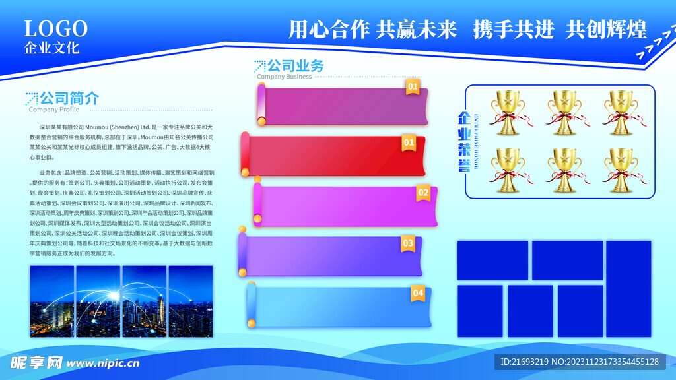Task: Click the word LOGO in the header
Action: click(x=56, y=28)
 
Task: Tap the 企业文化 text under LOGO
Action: click(x=51, y=48)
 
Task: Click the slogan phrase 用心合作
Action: click(x=329, y=29)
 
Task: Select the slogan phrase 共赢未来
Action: click(x=416, y=29)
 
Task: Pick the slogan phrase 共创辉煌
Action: click(x=606, y=29)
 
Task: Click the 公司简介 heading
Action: click(x=69, y=98)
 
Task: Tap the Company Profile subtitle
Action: click(x=53, y=110)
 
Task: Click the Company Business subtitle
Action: click(x=284, y=77)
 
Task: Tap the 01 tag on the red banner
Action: click(x=409, y=142)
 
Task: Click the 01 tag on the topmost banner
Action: click(x=412, y=86)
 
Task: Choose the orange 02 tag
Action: click(x=423, y=193)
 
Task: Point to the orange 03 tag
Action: click(x=408, y=243)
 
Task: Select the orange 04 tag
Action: click(x=418, y=293)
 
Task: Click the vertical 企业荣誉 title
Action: click(x=465, y=142)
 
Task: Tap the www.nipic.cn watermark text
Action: click(x=103, y=363)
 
